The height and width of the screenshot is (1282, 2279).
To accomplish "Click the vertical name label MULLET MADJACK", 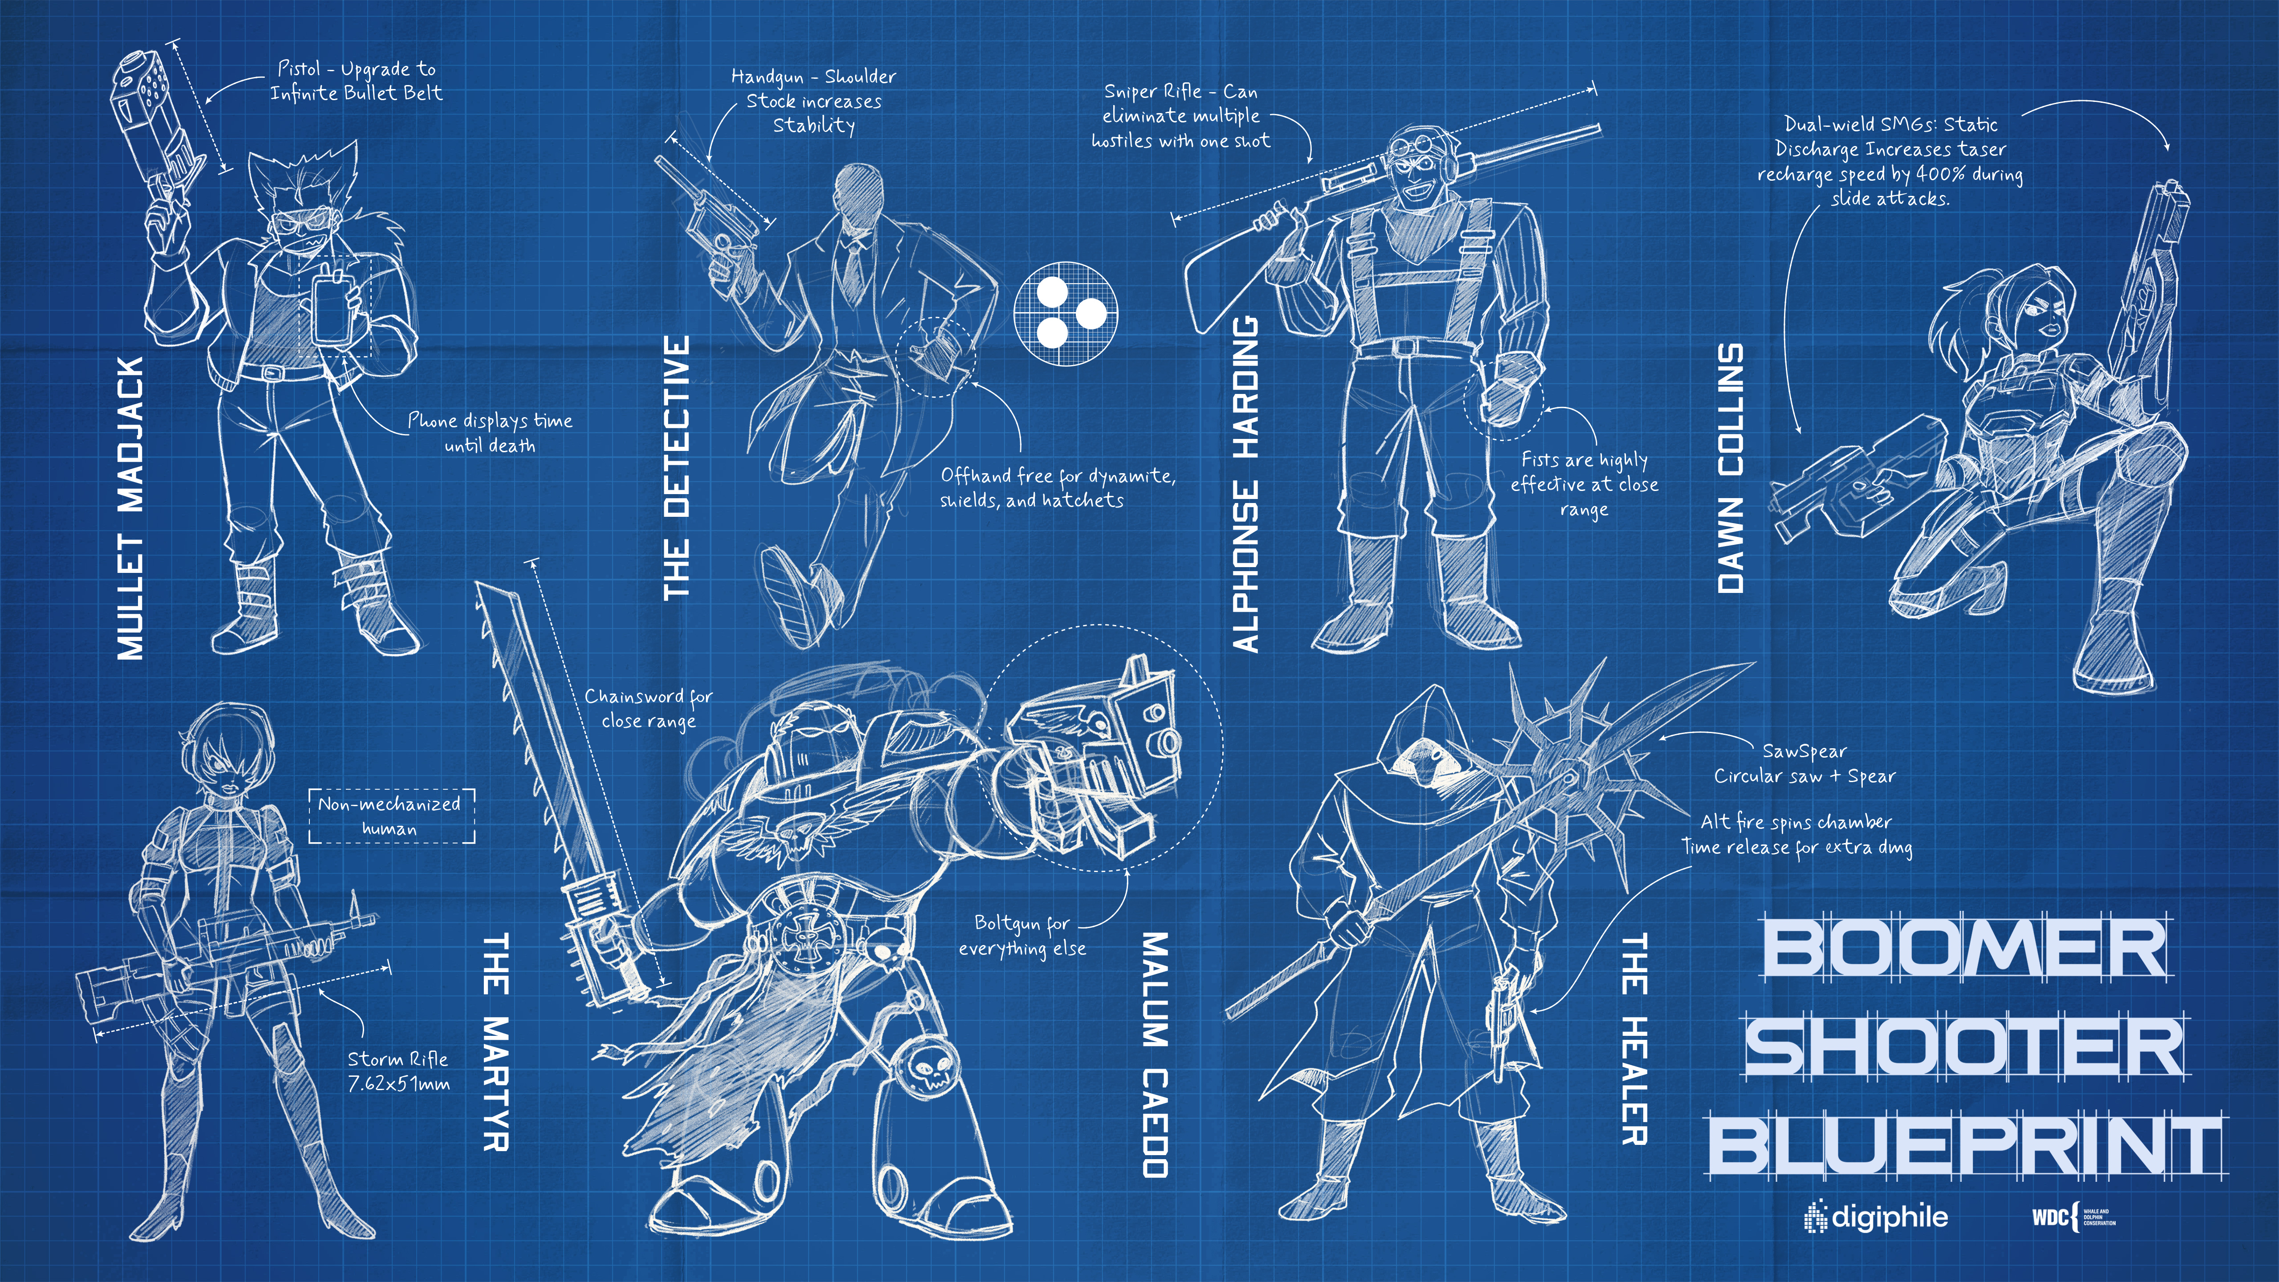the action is [131, 509].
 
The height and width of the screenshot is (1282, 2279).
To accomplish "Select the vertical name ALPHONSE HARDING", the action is [1246, 485].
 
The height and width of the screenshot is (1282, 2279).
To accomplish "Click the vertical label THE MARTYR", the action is [495, 1041].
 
